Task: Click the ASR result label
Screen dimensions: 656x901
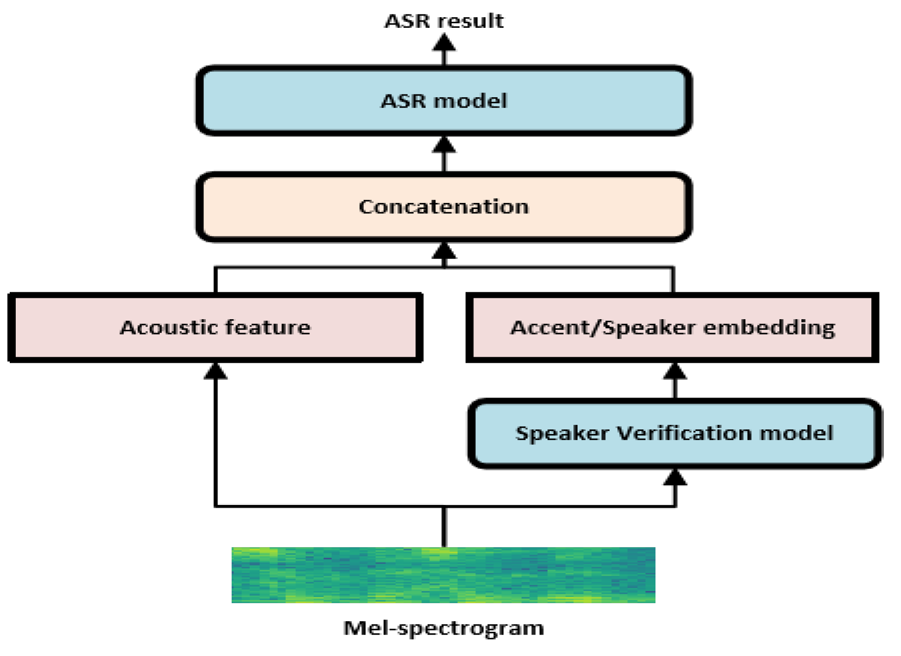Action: tap(444, 21)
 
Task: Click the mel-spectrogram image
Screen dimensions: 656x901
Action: tap(443, 574)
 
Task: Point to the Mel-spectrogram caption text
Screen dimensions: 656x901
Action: tap(444, 628)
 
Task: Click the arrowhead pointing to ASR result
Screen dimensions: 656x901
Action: tap(444, 43)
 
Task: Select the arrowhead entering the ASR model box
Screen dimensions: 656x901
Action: tap(444, 145)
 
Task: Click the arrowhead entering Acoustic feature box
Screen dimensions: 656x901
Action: tap(215, 371)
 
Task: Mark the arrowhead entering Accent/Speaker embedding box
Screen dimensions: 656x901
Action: tap(675, 371)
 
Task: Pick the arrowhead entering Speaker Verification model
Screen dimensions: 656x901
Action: tap(675, 477)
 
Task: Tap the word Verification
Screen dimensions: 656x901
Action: tap(684, 433)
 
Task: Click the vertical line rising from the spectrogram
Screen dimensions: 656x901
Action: tap(444, 527)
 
